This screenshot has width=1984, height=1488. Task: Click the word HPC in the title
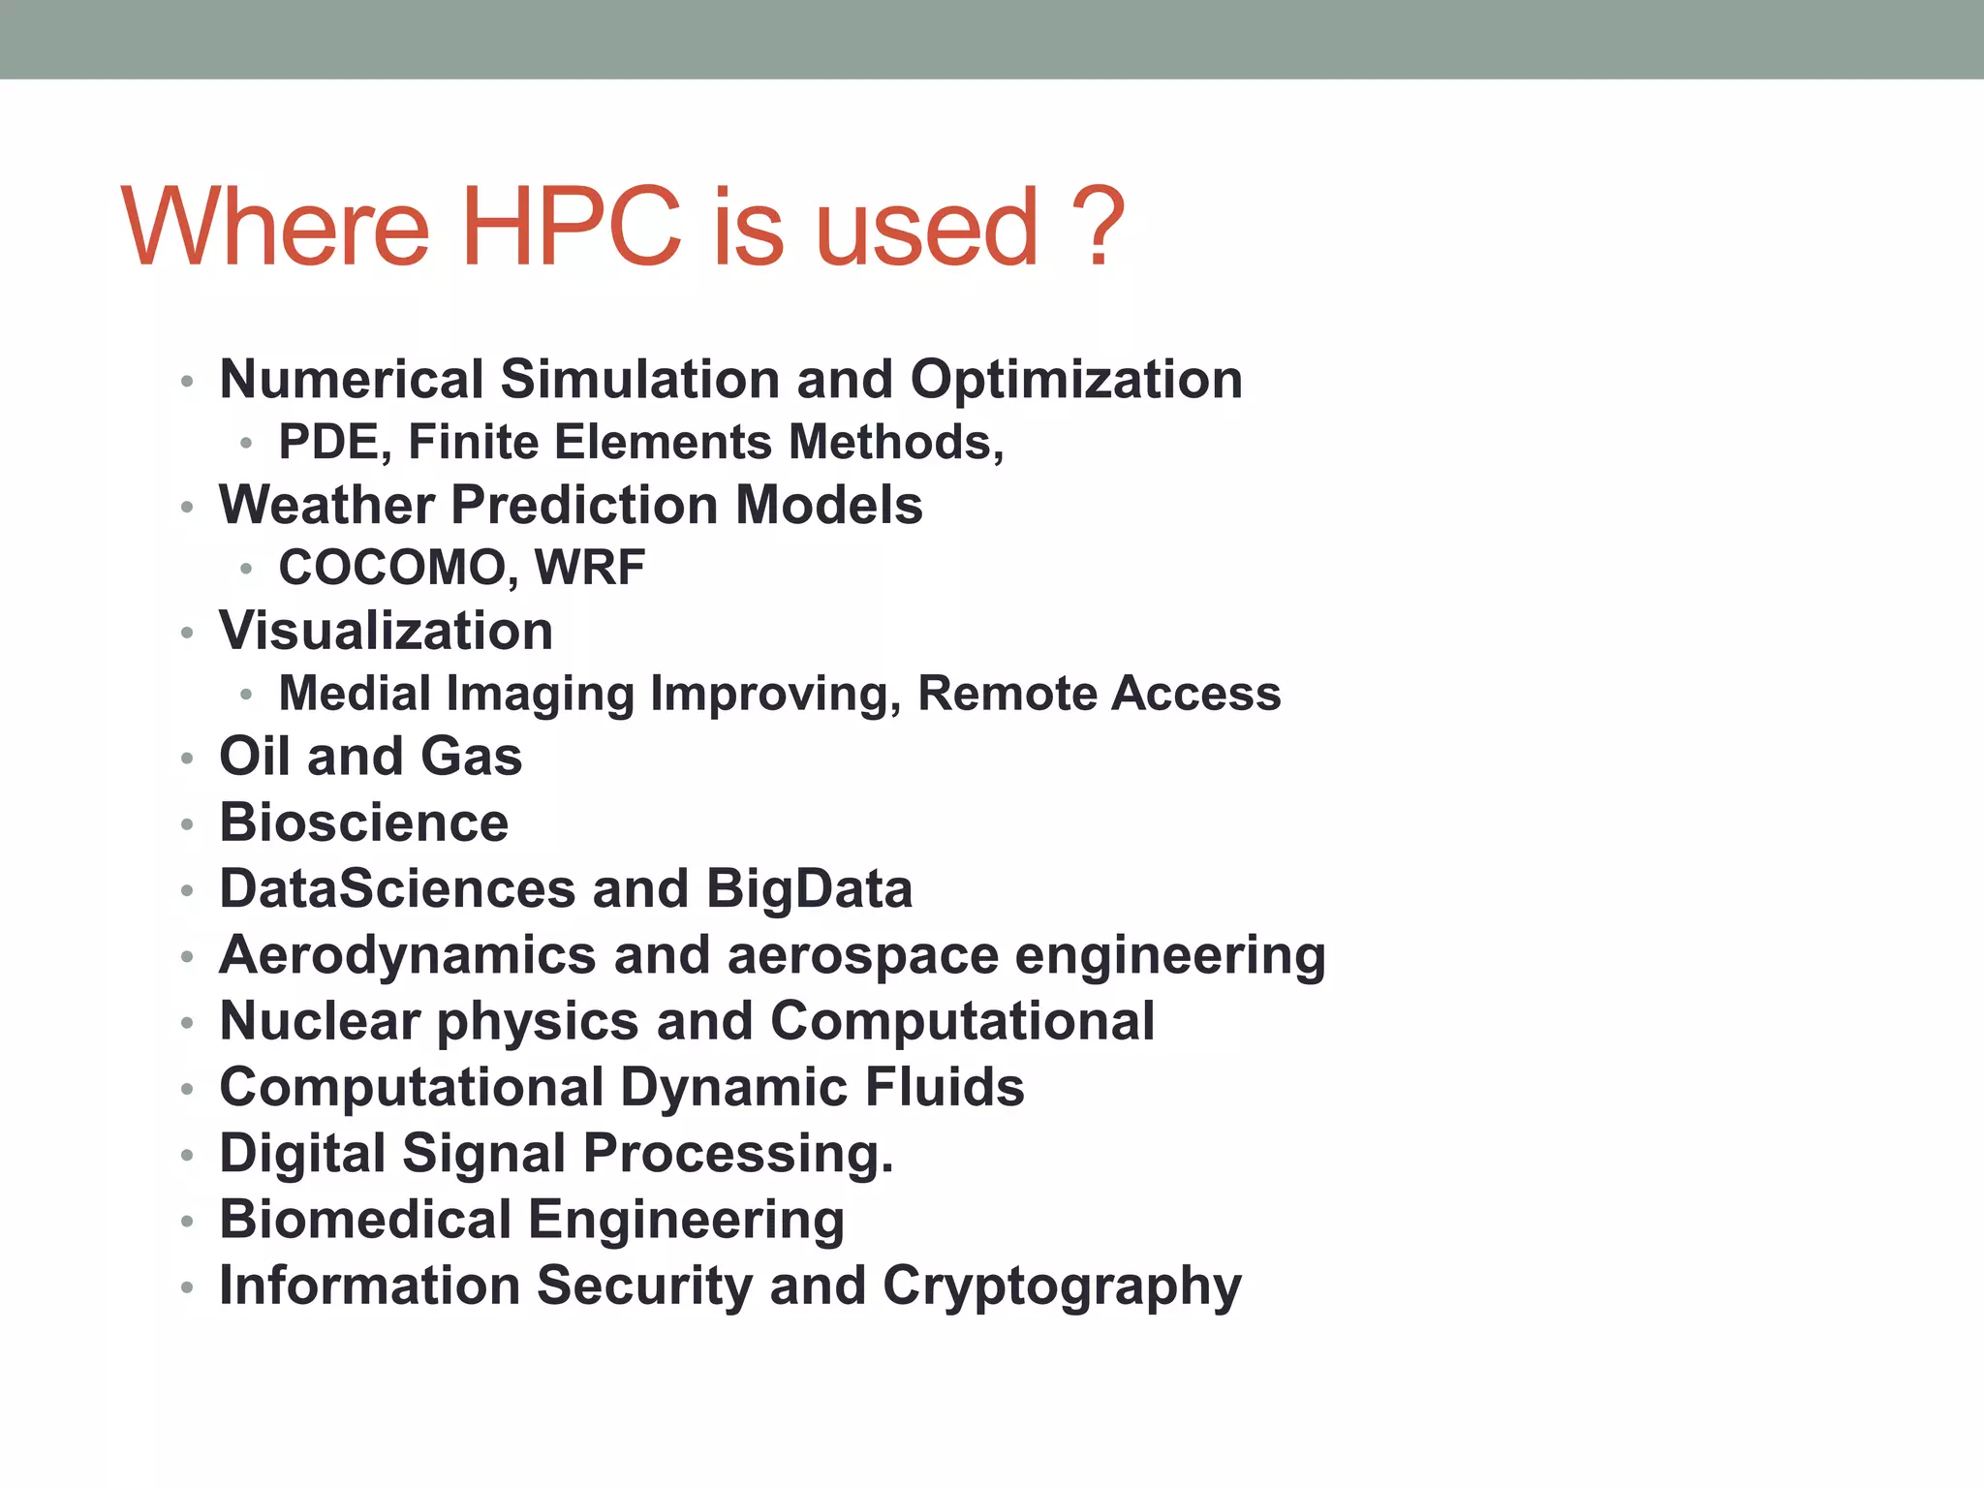tap(572, 227)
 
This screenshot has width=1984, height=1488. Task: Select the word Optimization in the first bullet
tap(1076, 380)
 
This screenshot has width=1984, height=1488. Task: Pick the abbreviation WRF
tap(590, 569)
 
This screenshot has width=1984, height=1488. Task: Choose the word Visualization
tap(386, 632)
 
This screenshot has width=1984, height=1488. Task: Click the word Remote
tap(1006, 694)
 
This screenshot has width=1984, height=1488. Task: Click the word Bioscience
tap(363, 823)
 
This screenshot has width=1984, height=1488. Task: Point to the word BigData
tap(809, 889)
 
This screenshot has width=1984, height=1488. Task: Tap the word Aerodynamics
tap(408, 955)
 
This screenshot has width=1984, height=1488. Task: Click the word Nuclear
tap(319, 1021)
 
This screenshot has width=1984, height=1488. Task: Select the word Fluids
tap(945, 1087)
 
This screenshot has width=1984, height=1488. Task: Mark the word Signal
tap(483, 1154)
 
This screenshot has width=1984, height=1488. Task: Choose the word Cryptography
tap(1062, 1286)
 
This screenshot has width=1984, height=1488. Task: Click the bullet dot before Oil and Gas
tap(187, 759)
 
